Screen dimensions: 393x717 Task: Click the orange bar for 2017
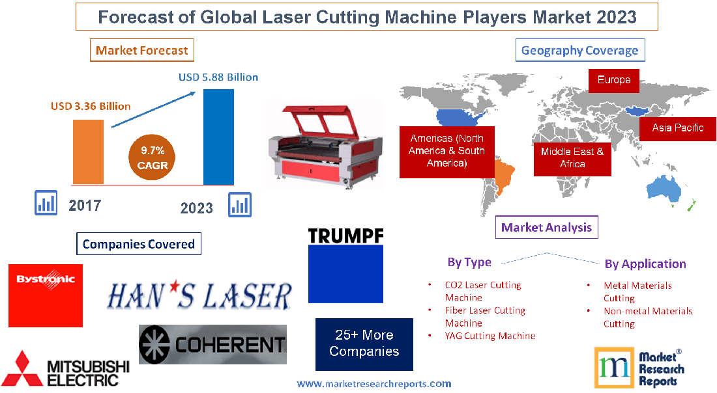click(88, 152)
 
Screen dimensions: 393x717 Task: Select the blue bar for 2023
click(218, 137)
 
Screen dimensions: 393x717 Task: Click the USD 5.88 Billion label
click(218, 77)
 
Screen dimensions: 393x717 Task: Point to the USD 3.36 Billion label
click(91, 106)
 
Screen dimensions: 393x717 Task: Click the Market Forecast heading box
click(141, 50)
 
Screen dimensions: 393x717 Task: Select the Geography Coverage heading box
click(579, 50)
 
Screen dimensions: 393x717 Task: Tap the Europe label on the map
click(613, 80)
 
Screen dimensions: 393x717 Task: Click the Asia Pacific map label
click(677, 128)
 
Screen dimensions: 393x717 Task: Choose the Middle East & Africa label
click(572, 157)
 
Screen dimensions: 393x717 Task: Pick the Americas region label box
click(446, 150)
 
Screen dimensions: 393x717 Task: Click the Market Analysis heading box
click(546, 227)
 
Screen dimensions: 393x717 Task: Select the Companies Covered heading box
click(138, 244)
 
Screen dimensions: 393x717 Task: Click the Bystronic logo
click(46, 295)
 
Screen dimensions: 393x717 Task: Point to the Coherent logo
click(212, 344)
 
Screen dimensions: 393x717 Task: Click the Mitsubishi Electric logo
click(65, 369)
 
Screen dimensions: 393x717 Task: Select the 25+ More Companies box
click(364, 344)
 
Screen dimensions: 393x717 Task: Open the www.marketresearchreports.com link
click(373, 384)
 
